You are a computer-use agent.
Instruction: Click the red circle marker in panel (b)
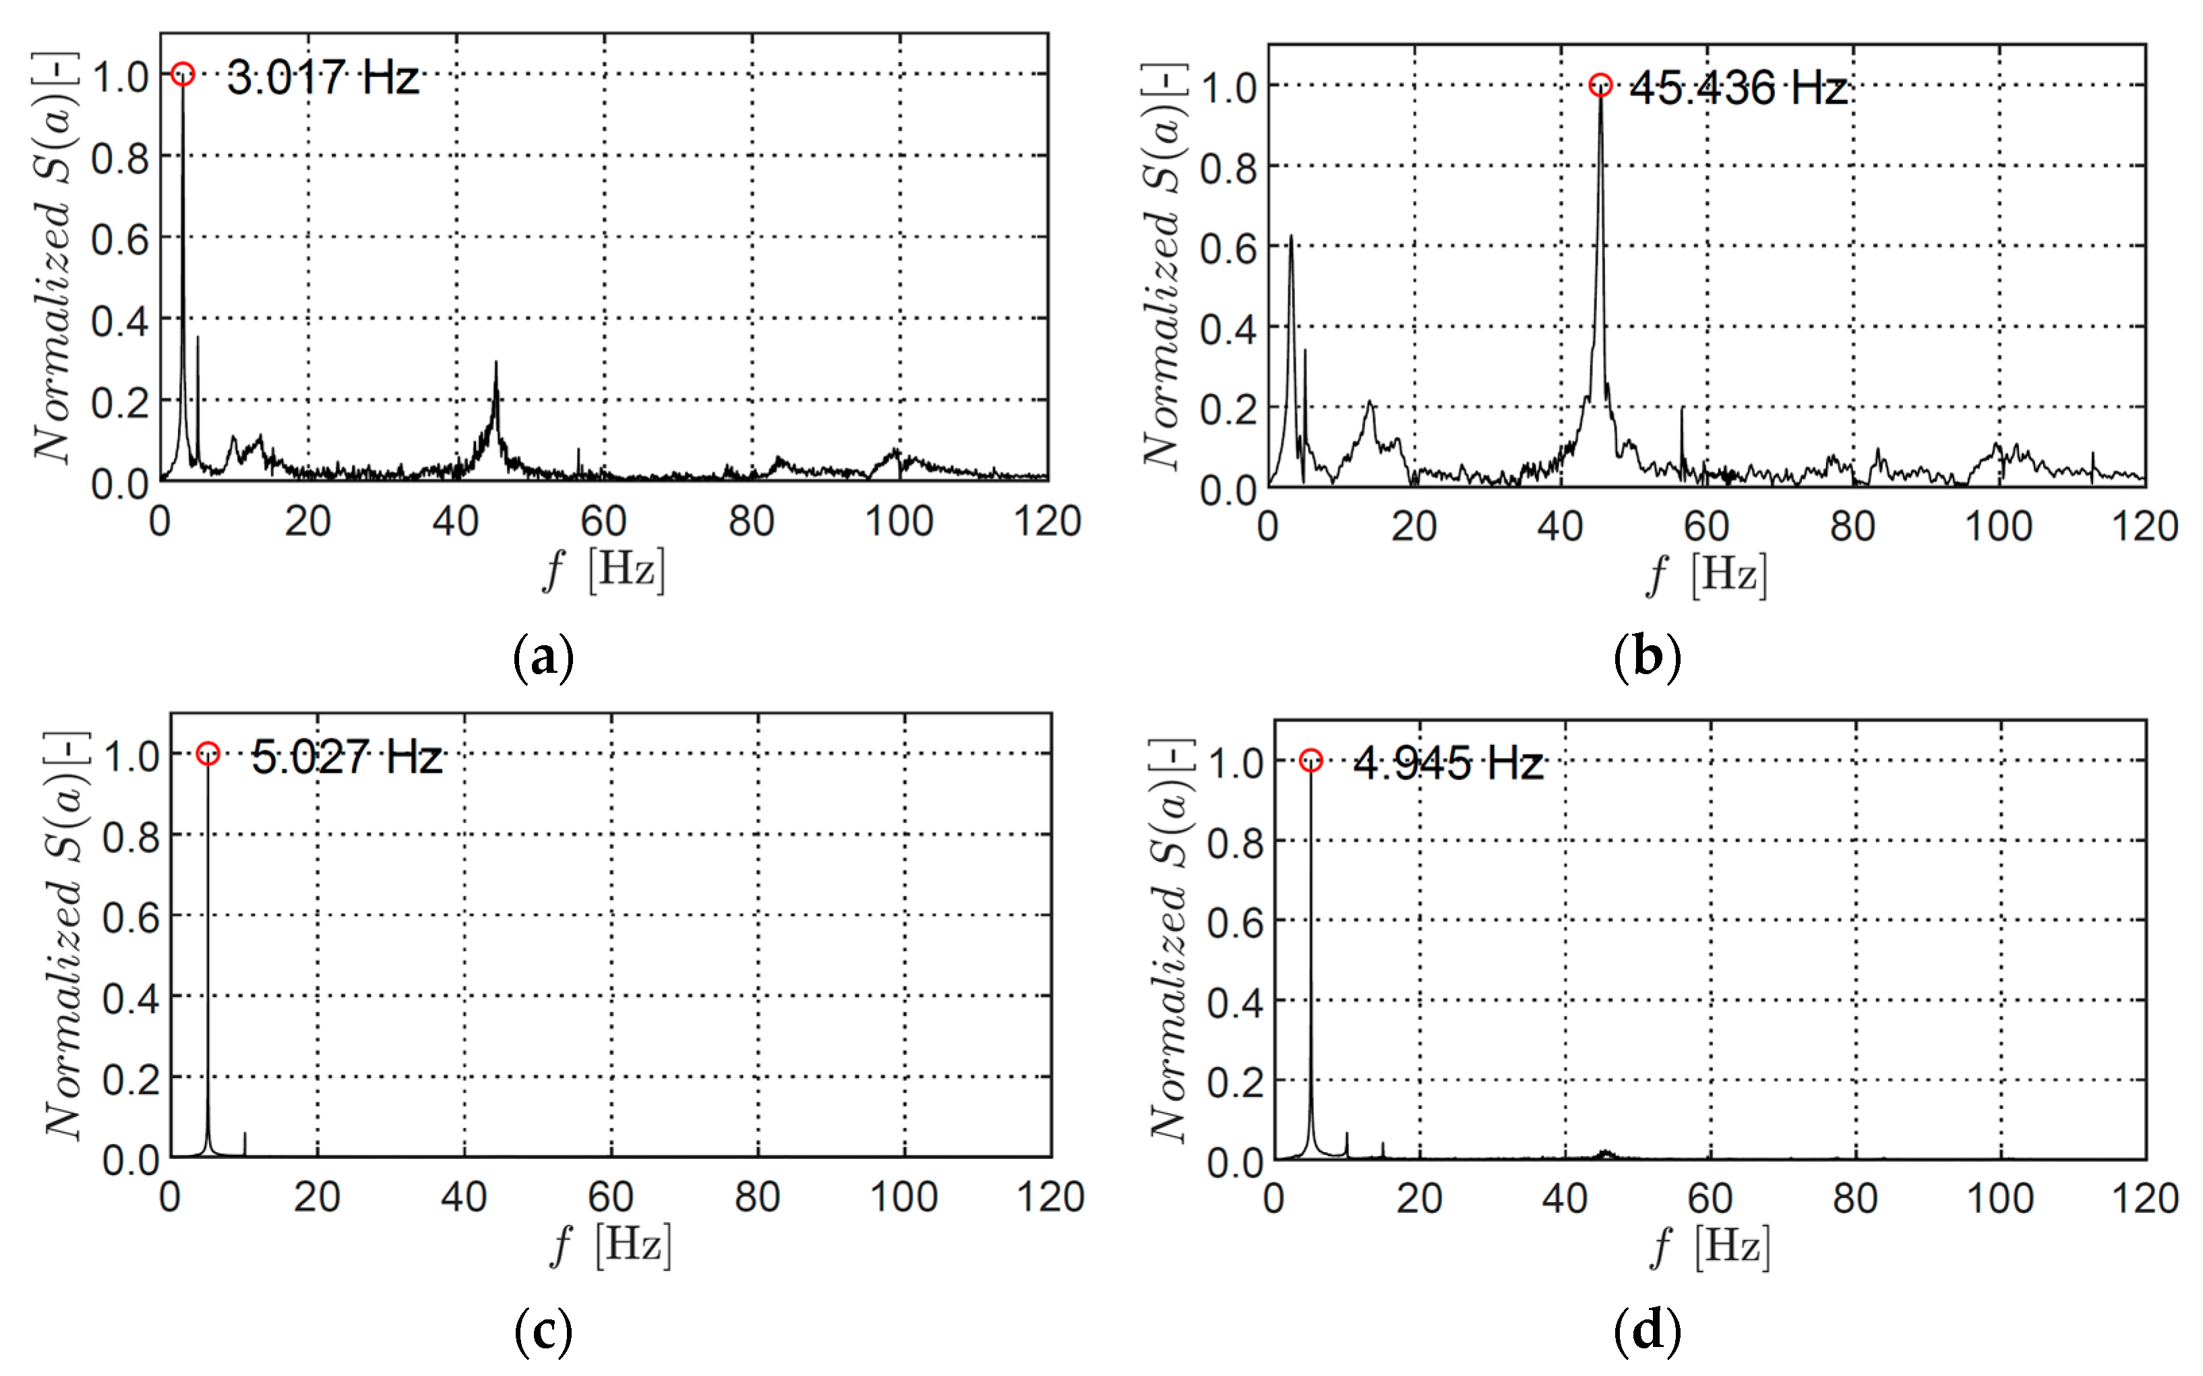[1600, 86]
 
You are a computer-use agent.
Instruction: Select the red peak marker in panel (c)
[208, 754]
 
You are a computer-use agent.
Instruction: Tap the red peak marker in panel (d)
[1310, 760]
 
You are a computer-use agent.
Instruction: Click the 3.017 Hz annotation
[322, 78]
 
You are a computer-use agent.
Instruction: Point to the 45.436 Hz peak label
[1738, 88]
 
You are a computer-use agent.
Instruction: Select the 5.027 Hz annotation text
[346, 757]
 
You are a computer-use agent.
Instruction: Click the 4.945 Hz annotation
[1448, 762]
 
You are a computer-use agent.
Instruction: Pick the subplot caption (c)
[543, 1331]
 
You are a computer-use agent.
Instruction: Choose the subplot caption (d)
[1646, 1331]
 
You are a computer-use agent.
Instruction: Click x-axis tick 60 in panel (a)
[603, 521]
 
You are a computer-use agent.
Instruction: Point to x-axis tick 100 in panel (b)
[1998, 527]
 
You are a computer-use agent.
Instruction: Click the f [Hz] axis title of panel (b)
[1707, 576]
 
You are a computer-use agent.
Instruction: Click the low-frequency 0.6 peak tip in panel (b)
[1290, 237]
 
